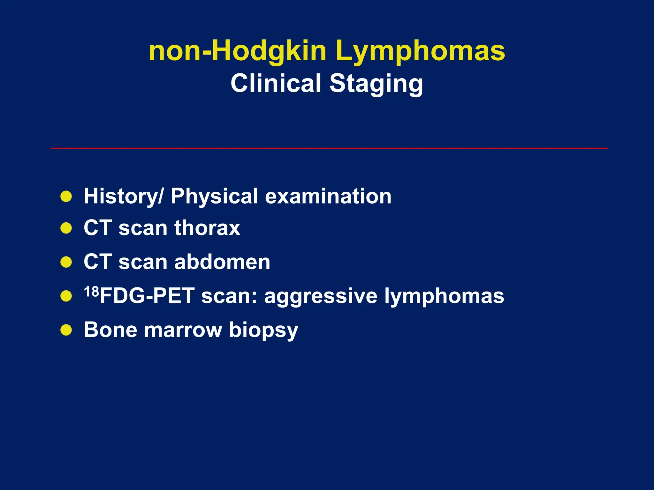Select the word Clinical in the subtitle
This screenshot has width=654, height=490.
pos(276,83)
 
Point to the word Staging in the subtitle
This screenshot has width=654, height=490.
pos(376,83)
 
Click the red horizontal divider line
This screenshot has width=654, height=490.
pos(329,148)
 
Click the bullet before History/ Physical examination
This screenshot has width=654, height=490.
pos(66,197)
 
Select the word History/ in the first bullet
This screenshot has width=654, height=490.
pos(123,196)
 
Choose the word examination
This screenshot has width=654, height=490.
pos(328,196)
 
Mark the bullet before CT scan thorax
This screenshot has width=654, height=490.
pos(66,228)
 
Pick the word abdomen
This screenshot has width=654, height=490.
pos(222,262)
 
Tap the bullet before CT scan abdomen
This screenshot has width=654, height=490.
pos(66,262)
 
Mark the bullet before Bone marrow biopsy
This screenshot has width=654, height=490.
pos(66,330)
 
